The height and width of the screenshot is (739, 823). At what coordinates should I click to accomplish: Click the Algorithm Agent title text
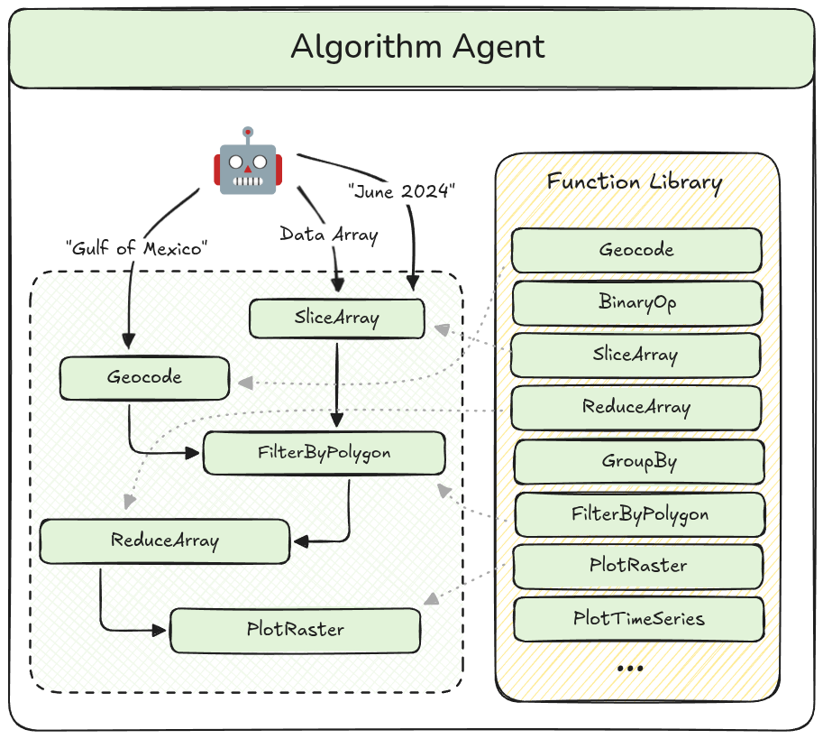pos(417,47)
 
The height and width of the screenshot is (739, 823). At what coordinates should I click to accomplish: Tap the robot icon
pos(247,162)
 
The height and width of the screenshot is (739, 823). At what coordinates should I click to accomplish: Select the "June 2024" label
pos(401,190)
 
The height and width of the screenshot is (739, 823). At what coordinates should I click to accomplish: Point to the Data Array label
pos(328,235)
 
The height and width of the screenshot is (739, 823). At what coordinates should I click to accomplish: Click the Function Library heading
pos(635,182)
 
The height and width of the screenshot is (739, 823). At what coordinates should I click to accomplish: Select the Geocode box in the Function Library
pos(636,250)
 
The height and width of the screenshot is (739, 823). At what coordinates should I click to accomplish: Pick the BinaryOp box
pos(636,302)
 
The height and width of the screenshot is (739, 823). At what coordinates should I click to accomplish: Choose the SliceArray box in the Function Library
pos(636,355)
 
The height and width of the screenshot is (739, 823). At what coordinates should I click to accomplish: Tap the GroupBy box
pos(638,462)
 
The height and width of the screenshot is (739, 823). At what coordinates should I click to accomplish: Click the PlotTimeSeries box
pos(638,619)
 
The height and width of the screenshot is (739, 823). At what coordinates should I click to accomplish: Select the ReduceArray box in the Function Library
pos(636,408)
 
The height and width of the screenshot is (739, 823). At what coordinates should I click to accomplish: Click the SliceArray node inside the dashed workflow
pos(336,318)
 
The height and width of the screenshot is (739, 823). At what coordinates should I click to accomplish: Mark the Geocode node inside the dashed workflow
pos(144,378)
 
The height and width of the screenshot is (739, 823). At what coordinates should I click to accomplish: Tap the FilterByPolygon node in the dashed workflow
pos(325,453)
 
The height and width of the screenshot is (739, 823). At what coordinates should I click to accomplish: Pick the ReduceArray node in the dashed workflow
pos(165,540)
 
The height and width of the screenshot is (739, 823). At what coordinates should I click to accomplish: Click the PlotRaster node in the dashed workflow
pos(295,630)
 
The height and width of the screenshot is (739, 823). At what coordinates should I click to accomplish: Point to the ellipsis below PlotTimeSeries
pos(631,669)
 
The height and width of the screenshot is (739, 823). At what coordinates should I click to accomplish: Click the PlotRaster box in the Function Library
pos(638,567)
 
